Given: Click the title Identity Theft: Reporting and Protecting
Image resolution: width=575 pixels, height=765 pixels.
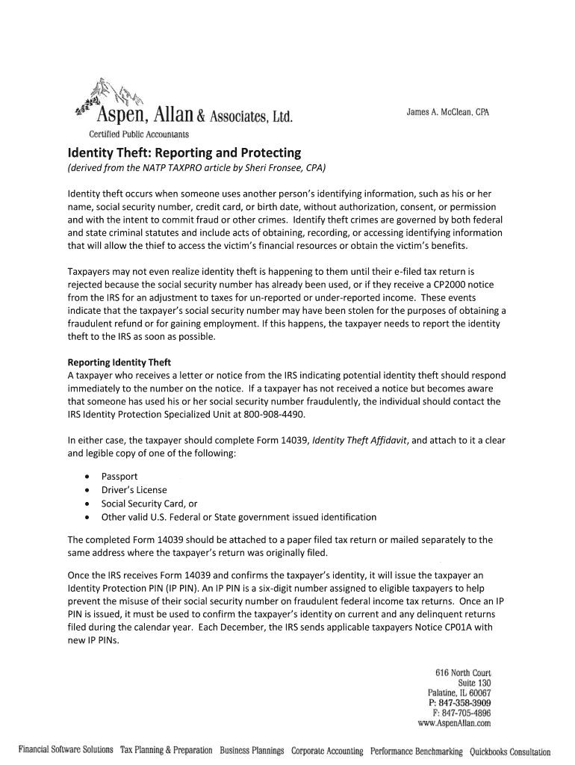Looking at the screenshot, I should pyautogui.click(x=184, y=152).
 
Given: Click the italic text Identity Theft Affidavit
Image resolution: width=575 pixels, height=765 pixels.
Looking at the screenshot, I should pyautogui.click(x=360, y=440).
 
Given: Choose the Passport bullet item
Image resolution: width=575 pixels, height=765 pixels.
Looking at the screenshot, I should pyautogui.click(x=119, y=477).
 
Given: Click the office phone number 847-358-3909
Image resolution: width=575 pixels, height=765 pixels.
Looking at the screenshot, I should pyautogui.click(x=464, y=703).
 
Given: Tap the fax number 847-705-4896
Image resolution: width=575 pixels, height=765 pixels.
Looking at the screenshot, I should pyautogui.click(x=466, y=713).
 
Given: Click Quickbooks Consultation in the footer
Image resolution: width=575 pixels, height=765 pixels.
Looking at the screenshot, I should pyautogui.click(x=509, y=752).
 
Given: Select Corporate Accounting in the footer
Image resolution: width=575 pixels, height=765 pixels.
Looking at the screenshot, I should pyautogui.click(x=327, y=751).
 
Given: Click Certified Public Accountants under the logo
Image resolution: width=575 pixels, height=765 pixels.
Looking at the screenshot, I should pyautogui.click(x=140, y=134).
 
